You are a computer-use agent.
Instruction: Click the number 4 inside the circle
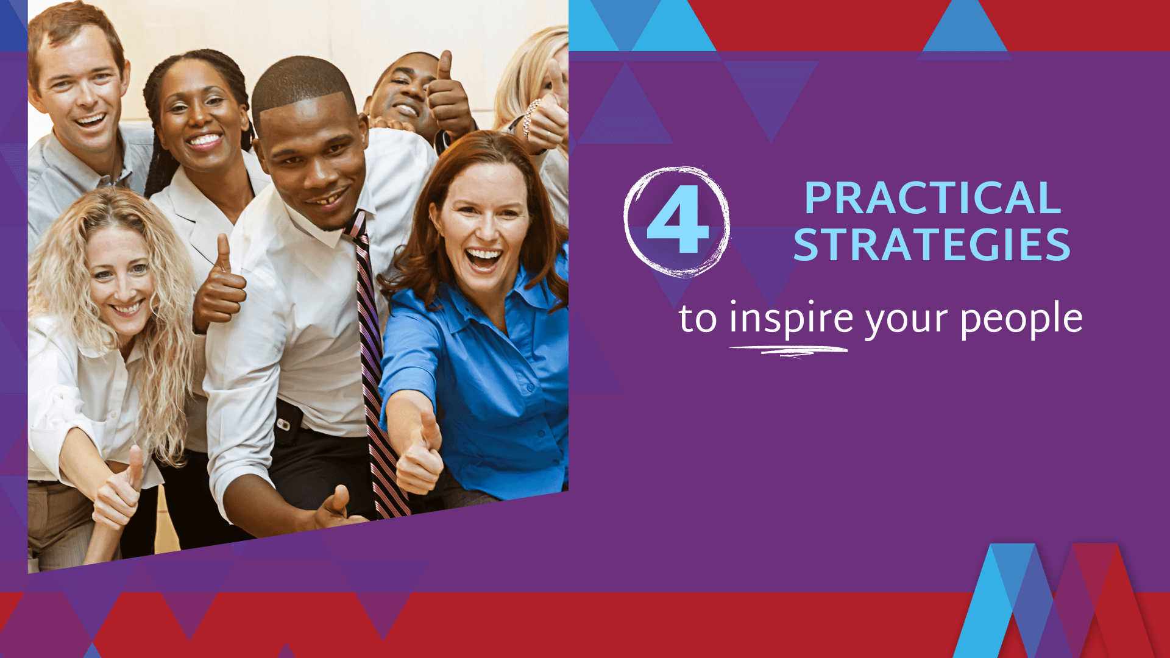[677, 221]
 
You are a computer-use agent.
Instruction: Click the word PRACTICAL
[932, 199]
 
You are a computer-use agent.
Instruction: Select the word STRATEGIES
[932, 245]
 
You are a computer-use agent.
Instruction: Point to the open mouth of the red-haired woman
[483, 259]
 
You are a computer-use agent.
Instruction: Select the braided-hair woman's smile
[204, 141]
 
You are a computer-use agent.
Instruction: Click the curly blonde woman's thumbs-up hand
[119, 493]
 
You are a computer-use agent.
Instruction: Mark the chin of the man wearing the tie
[329, 222]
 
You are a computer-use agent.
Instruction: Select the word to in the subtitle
[698, 319]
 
